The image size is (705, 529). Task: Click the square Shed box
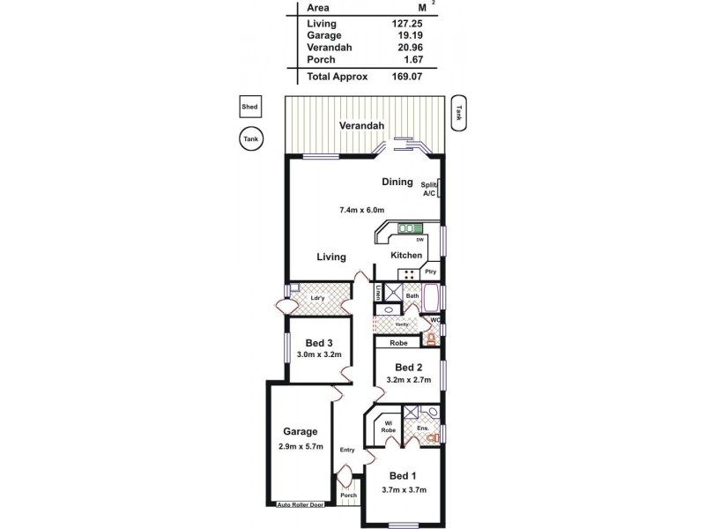(251, 108)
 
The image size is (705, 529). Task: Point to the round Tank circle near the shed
(251, 138)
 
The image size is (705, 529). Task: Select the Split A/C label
(429, 188)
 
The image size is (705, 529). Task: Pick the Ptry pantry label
(431, 272)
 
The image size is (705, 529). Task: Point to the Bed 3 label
(318, 343)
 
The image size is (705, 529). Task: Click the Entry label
(347, 451)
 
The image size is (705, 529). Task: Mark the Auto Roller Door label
(300, 504)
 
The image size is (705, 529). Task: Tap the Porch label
(348, 495)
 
